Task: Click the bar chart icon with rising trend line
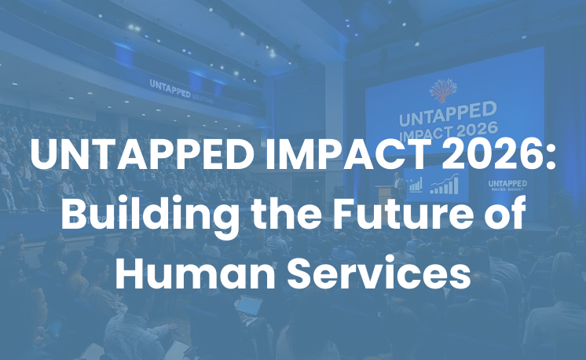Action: click(445, 186)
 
